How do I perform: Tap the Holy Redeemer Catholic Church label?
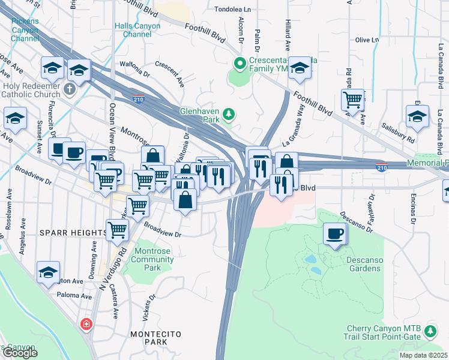click(32, 89)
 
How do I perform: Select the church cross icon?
click(70, 89)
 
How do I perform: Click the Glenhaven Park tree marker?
click(228, 114)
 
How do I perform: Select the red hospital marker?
click(87, 324)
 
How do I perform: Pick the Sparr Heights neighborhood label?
click(73, 232)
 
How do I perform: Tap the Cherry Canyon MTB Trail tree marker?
click(430, 331)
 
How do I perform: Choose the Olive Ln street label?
click(367, 40)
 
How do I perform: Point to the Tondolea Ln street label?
click(234, 10)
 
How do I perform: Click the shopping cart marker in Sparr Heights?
click(117, 229)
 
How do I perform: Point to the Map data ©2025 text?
click(424, 355)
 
